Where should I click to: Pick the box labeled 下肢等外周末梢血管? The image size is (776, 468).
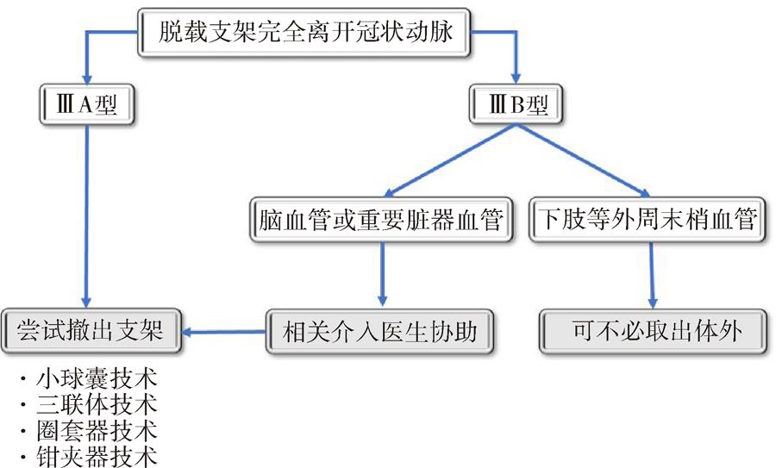[647, 220]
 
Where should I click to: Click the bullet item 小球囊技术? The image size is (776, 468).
[95, 381]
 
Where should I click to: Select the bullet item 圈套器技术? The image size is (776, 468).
[95, 429]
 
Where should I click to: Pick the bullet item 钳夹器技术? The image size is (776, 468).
[95, 454]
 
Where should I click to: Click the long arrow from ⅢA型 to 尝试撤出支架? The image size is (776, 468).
[84, 215]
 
